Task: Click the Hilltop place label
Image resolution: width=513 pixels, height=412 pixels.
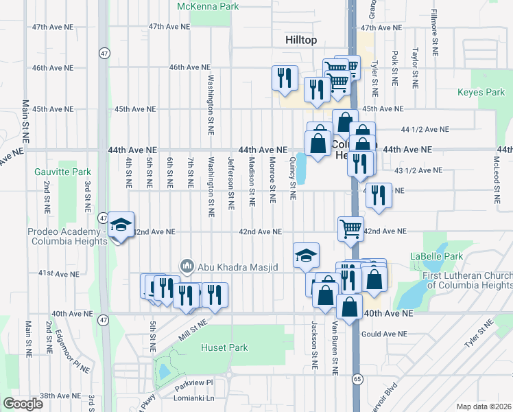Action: pyautogui.click(x=301, y=41)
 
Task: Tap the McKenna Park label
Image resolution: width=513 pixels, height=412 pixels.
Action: pyautogui.click(x=207, y=6)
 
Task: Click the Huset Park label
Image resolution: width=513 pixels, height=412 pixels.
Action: pyautogui.click(x=224, y=348)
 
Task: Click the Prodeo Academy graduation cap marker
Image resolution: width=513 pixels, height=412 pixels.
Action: pyautogui.click(x=121, y=225)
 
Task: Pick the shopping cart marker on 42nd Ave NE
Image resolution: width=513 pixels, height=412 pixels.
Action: pyautogui.click(x=350, y=227)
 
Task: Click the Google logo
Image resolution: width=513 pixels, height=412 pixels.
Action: pyautogui.click(x=23, y=403)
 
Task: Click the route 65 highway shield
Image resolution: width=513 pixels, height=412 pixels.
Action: pyautogui.click(x=358, y=379)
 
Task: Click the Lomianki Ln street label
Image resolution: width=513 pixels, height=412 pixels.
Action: pyautogui.click(x=195, y=398)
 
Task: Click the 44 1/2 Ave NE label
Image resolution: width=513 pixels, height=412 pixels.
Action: pyautogui.click(x=425, y=129)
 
